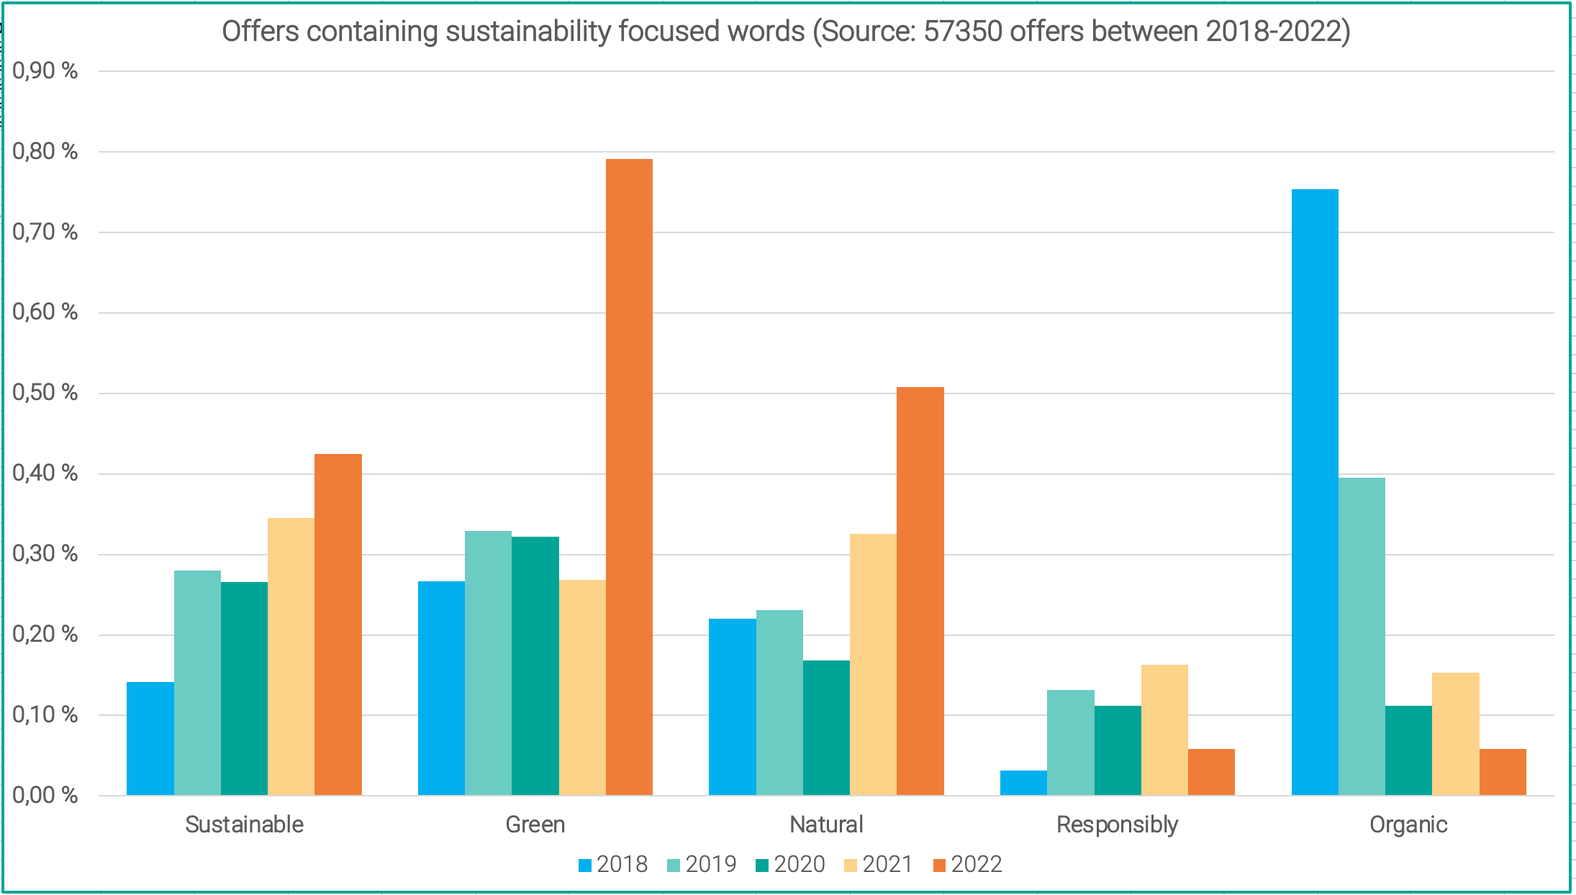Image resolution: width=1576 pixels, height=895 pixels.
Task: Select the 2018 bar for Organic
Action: tap(1315, 492)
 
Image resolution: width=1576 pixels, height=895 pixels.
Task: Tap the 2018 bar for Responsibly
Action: tap(1023, 783)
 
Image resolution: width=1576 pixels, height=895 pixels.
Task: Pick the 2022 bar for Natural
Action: tap(920, 591)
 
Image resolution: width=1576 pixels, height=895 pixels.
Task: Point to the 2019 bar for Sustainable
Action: tap(197, 683)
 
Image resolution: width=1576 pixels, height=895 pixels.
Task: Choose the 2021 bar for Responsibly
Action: tap(1164, 730)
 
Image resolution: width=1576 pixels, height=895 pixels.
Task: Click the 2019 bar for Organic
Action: tap(1362, 636)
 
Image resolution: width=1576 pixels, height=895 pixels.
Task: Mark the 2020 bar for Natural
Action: tap(826, 727)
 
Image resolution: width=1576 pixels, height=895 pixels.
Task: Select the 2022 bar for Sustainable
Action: tap(338, 624)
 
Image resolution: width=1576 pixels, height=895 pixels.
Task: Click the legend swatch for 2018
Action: tap(585, 865)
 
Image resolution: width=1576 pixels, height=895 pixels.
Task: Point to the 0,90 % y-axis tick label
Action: tap(45, 71)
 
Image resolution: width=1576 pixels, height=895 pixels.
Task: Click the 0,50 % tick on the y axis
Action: tap(45, 393)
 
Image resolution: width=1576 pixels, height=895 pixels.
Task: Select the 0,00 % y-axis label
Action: tap(45, 795)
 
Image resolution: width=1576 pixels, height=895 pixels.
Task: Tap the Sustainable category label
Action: tap(244, 824)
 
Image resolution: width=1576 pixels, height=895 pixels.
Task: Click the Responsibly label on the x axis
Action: tap(1117, 824)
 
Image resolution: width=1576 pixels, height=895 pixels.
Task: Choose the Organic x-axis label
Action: tap(1408, 824)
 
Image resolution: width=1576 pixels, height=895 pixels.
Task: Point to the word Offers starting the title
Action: tap(259, 32)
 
